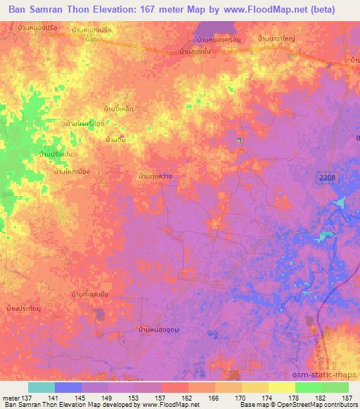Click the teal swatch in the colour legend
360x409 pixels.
[x=41, y=387]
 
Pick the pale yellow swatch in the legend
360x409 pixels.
[x=281, y=387]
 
